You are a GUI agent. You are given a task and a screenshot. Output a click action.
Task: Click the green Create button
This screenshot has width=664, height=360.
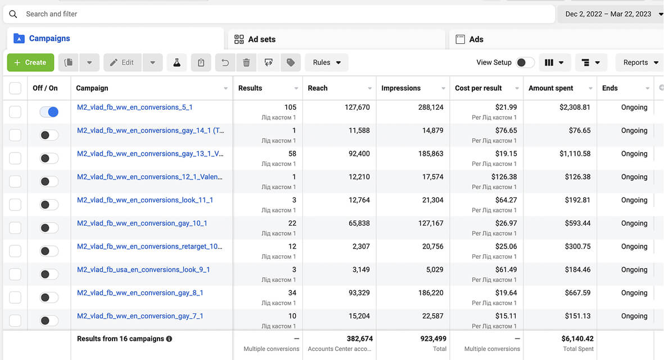tap(30, 62)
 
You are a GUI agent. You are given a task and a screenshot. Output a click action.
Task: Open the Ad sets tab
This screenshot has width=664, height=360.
tap(255, 39)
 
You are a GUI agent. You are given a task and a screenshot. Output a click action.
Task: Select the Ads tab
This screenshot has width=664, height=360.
tap(469, 39)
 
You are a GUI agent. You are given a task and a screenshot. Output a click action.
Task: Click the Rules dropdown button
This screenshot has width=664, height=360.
tap(327, 62)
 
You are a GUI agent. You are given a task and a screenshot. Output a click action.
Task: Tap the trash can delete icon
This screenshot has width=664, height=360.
tap(246, 62)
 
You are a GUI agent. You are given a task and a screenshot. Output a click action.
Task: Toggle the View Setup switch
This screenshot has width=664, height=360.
tap(525, 62)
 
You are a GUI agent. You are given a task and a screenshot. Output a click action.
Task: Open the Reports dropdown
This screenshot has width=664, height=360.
tap(639, 62)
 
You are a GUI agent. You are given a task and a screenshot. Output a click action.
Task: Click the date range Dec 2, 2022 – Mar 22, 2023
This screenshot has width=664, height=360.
tap(608, 14)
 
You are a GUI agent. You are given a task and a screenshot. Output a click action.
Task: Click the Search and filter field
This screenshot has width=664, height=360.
tap(279, 14)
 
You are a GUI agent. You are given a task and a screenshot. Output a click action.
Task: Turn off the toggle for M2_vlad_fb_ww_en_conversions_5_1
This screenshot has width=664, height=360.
tap(49, 112)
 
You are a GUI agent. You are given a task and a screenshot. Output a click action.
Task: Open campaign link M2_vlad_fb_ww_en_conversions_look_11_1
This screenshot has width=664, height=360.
tap(145, 200)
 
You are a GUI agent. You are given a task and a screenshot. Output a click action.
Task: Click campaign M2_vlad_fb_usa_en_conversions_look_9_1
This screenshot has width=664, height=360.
tap(143, 269)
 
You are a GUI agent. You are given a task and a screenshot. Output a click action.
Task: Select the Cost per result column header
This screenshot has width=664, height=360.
tap(478, 88)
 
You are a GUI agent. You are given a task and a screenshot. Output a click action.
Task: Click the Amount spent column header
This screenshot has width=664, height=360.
tap(550, 88)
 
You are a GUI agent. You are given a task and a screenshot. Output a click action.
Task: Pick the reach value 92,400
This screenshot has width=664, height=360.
tap(359, 154)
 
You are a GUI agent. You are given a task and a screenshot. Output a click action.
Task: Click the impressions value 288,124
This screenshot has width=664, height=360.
tap(431, 107)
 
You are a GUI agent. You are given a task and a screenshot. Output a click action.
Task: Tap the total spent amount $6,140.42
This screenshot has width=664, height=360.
tap(577, 339)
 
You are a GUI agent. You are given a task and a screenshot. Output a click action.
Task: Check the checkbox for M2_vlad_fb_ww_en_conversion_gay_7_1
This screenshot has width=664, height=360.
tap(15, 321)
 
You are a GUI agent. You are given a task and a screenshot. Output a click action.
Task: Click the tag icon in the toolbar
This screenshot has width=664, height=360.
tap(291, 62)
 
